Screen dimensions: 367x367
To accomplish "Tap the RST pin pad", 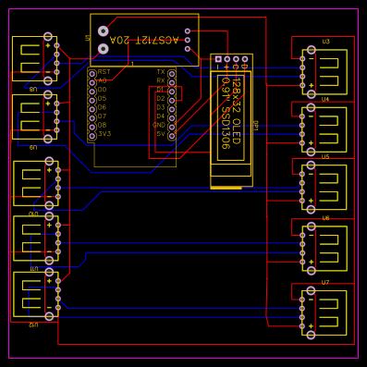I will (92, 72).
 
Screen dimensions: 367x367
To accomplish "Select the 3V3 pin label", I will (104, 134).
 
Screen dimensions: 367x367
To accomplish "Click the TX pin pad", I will (171, 72).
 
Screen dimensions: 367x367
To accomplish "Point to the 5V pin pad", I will (171, 134).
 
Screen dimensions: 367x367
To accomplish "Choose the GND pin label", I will (159, 125).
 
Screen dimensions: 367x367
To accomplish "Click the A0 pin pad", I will (92, 81).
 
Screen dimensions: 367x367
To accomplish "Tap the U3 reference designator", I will (325, 42).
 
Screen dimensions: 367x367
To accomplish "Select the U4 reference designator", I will (325, 98).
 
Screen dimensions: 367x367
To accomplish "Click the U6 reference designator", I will (325, 218).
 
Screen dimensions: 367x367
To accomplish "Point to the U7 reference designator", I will (325, 282).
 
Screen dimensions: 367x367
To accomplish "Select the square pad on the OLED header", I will (218, 59).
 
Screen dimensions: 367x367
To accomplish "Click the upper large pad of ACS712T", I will (103, 31).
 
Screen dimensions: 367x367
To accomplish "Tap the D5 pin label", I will (102, 99).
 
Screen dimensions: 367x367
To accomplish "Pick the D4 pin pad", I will (171, 116).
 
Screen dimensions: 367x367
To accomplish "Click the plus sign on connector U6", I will (312, 263).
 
